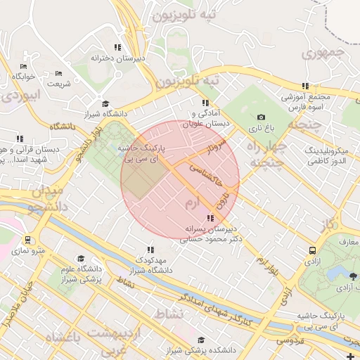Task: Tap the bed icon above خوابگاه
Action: tap(24, 67)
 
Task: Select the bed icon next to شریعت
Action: tap(58, 73)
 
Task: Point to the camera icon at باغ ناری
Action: tap(262, 117)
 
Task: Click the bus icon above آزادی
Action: tap(312, 250)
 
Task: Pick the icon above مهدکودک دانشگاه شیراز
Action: tap(150, 249)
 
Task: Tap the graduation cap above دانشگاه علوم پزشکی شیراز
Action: tap(81, 259)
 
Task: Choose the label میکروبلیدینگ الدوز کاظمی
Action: tap(333, 156)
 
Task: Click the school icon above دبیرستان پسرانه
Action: tap(211, 218)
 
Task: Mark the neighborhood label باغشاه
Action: tap(63, 338)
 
